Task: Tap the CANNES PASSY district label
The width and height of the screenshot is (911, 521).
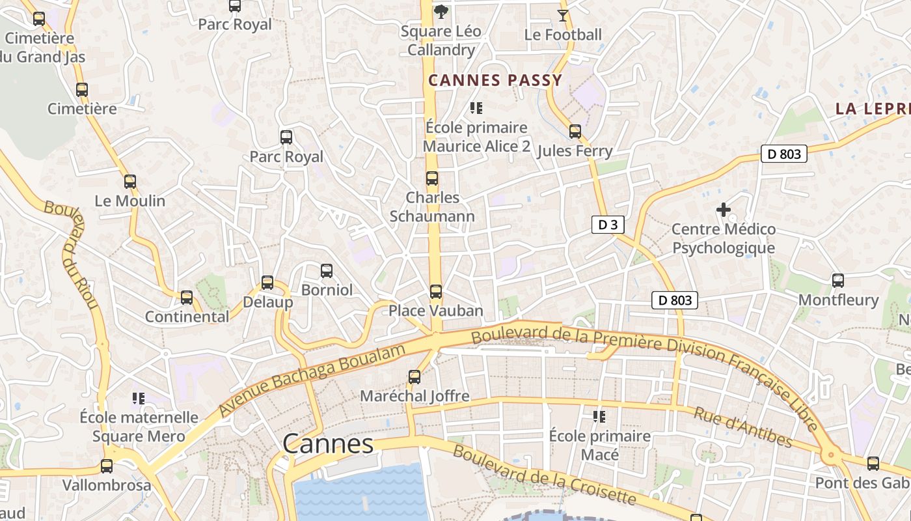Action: coord(495,81)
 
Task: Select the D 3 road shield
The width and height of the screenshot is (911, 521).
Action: coord(608,225)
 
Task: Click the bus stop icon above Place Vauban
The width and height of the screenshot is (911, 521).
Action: coord(436,292)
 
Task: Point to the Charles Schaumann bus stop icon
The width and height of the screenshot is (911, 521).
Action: coord(432,178)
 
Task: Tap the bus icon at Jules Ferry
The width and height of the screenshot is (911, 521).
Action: coord(575,132)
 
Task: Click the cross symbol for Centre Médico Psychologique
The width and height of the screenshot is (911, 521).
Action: coord(723,210)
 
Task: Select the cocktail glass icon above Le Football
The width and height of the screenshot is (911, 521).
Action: coord(563,15)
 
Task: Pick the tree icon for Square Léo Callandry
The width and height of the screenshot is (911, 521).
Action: coord(441,11)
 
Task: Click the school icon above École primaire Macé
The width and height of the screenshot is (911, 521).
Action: coord(599,416)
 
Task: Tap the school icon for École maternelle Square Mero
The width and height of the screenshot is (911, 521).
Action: coord(138,398)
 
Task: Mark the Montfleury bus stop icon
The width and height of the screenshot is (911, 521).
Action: coord(838,281)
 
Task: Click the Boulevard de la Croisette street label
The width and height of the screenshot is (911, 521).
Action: coord(543,475)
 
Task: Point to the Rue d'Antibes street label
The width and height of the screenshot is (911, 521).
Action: coord(743,427)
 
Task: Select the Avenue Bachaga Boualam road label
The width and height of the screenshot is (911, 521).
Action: coord(312,381)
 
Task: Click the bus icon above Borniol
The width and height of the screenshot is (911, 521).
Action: coord(327,270)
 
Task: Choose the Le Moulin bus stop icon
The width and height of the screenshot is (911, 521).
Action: coord(130,182)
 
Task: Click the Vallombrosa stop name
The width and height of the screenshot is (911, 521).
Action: coord(107,485)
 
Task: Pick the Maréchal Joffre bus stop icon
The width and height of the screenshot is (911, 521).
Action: coord(415,376)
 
